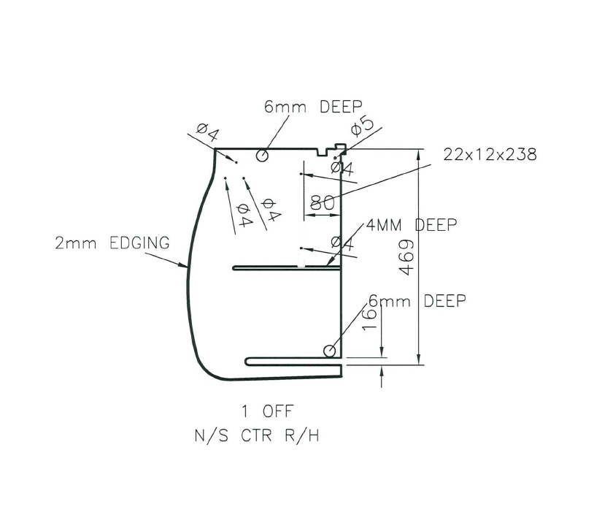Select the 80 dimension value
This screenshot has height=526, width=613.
point(323,203)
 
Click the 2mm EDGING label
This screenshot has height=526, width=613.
point(112,243)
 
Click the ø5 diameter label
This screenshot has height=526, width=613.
point(362,126)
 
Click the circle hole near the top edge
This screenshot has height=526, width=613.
point(263,156)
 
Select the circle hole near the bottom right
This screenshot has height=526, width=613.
point(331,351)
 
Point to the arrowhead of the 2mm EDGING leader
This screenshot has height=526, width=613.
point(188,270)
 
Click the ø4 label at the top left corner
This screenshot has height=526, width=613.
point(207,133)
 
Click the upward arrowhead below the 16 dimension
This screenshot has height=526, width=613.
point(382,373)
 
